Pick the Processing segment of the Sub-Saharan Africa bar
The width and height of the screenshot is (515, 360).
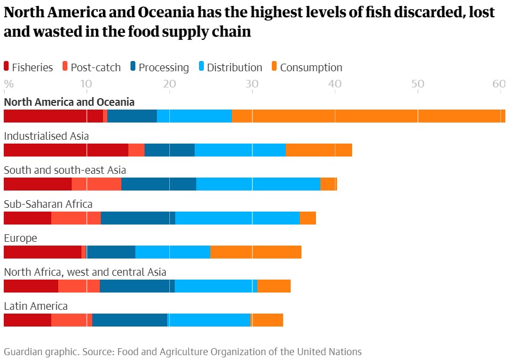[x=138, y=218]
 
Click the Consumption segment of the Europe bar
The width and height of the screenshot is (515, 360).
[x=256, y=252]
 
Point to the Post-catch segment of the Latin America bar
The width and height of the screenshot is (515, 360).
[x=72, y=320]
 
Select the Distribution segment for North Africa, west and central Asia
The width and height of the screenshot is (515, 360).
[x=216, y=286]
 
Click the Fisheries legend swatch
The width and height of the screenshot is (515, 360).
[x=6, y=67]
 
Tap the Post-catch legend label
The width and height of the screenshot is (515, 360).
[x=96, y=67]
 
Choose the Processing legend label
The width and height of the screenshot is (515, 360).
[x=163, y=67]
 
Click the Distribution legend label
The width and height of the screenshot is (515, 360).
[x=235, y=67]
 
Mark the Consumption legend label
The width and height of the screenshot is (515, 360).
[x=311, y=67]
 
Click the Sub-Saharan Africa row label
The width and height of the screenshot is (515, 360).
[x=48, y=204]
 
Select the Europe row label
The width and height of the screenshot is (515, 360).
[x=20, y=238]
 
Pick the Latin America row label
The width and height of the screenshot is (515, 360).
[x=36, y=306]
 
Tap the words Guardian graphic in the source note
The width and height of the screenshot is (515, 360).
[x=40, y=352]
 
